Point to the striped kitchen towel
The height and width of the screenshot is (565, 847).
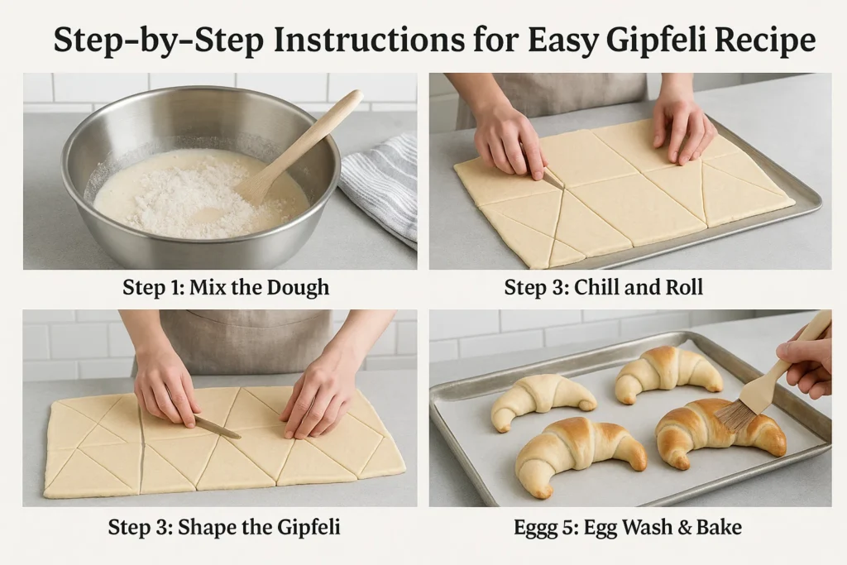coord(380,186)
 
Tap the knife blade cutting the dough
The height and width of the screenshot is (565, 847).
coord(217,427)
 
